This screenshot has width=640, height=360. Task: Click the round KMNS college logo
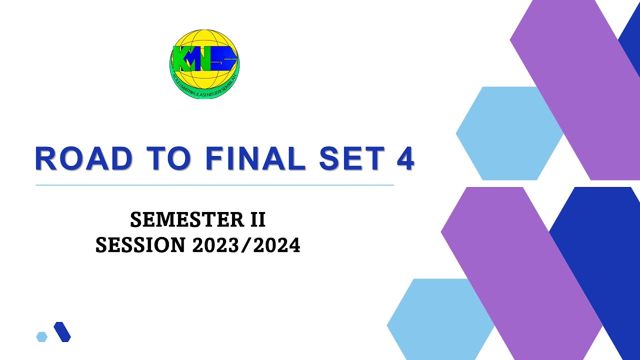tap(204, 63)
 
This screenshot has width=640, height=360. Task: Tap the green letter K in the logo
tap(180, 58)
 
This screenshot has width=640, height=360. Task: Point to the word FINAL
tap(255, 159)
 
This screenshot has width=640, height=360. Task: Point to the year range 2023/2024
tap(245, 245)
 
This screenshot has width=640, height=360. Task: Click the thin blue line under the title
tap(215, 185)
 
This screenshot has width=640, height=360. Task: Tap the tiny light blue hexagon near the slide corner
tap(41, 336)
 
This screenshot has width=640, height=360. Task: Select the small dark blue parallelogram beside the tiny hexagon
tap(62, 332)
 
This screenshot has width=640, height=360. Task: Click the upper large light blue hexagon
tap(505, 133)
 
